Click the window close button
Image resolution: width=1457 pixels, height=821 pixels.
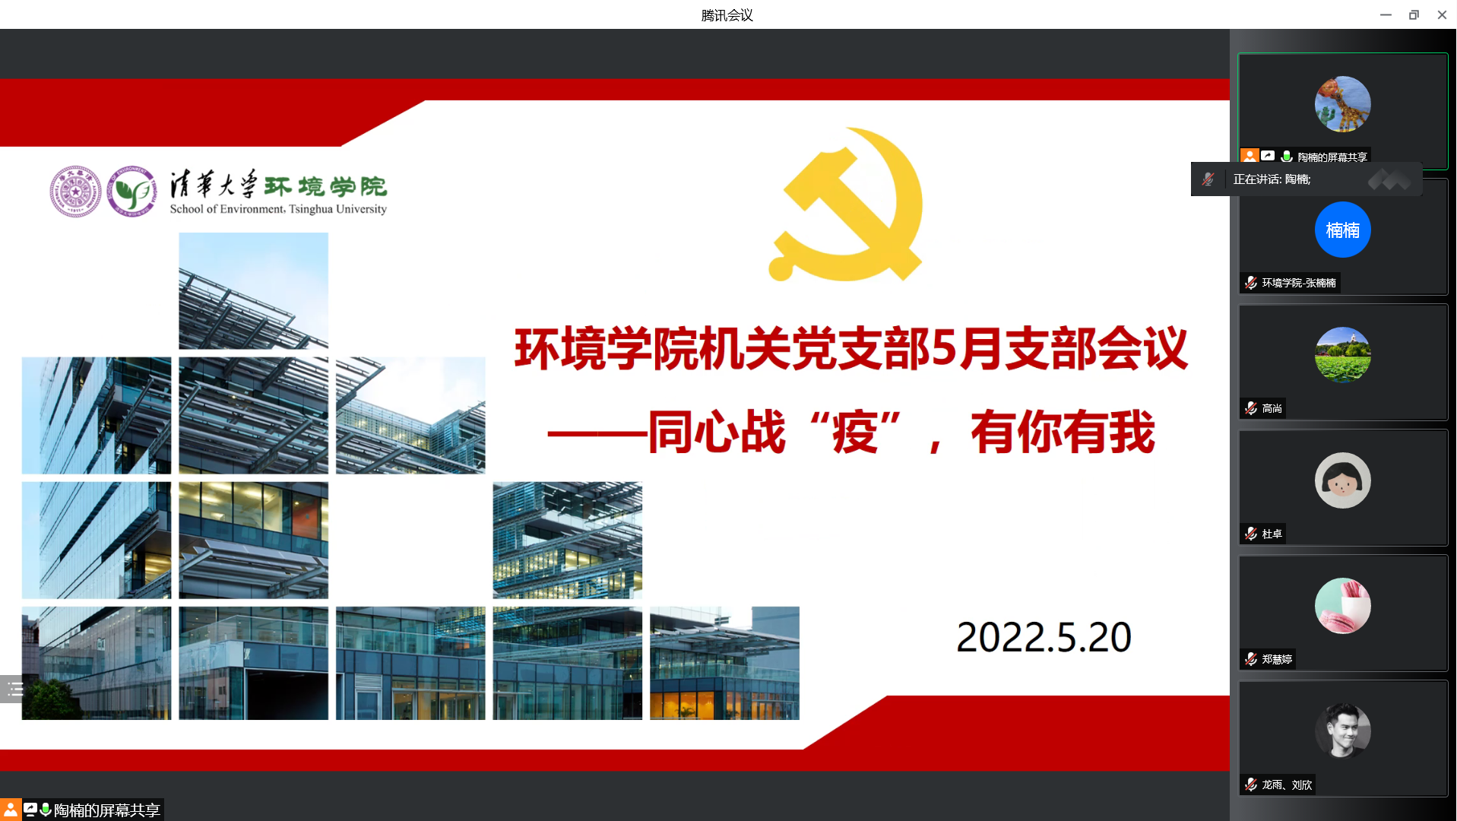coord(1442,14)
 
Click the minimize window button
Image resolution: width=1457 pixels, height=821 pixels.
coord(1386,14)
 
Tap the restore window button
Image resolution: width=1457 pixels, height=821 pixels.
coord(1414,14)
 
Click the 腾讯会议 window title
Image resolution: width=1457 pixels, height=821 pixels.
coord(727,15)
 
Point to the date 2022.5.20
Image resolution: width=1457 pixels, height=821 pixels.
coord(1044,637)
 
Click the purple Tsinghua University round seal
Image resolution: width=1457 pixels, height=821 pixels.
coord(75,192)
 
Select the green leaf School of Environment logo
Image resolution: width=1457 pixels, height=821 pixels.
coord(131,192)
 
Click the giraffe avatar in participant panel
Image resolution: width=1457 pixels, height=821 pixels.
coord(1342,104)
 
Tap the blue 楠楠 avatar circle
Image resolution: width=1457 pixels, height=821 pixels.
coord(1342,230)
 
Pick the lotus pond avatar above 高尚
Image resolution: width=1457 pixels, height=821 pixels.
coord(1342,355)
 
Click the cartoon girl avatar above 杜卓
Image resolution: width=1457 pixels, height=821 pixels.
coord(1342,480)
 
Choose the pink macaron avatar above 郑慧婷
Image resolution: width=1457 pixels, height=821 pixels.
coord(1342,606)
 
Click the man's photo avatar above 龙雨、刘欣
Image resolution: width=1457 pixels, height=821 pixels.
coord(1342,731)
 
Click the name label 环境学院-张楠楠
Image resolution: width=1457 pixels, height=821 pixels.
coord(1298,283)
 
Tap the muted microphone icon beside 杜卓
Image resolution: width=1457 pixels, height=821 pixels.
coord(1250,534)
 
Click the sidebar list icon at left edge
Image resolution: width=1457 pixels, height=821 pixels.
coord(14,689)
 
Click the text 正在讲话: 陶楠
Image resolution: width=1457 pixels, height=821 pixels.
coord(1272,179)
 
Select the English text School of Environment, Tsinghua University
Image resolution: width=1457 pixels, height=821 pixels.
coord(278,209)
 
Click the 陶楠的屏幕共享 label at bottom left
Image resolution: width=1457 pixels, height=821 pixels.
coord(106,810)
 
